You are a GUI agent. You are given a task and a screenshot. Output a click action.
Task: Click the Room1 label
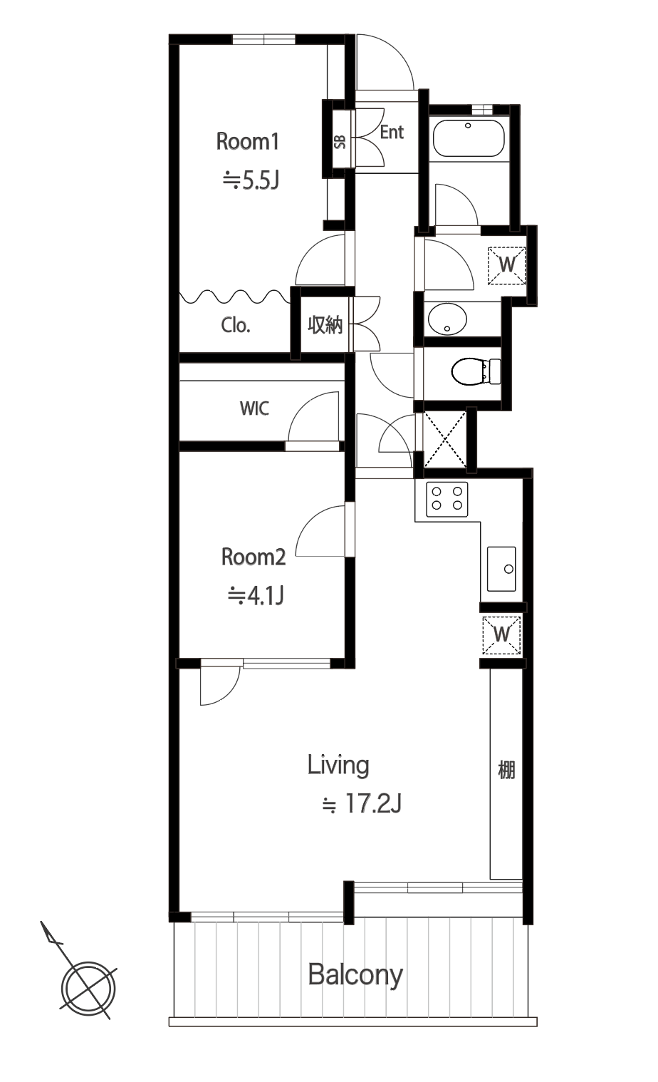click(x=248, y=142)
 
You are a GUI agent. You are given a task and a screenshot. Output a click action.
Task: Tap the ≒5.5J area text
click(x=251, y=180)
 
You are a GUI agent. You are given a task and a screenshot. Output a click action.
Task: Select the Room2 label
click(x=254, y=557)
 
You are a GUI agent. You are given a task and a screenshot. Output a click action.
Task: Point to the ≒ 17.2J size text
click(x=362, y=804)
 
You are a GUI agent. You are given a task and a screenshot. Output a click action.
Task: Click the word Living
click(x=338, y=766)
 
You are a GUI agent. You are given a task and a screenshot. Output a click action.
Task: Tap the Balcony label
click(x=355, y=975)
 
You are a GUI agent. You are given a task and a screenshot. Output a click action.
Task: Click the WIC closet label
click(x=254, y=408)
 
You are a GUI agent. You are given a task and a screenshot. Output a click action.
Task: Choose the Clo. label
click(x=236, y=325)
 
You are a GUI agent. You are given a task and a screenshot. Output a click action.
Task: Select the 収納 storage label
click(x=325, y=324)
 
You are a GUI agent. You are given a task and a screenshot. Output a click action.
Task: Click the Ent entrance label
click(x=392, y=132)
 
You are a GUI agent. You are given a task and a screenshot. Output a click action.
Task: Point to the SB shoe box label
click(x=340, y=142)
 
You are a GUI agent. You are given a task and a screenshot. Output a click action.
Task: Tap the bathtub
click(x=469, y=138)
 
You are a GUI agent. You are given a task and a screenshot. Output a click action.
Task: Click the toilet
click(x=476, y=371)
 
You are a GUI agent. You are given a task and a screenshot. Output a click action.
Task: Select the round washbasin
click(x=447, y=319)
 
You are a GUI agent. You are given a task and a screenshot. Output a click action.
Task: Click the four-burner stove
click(x=446, y=499)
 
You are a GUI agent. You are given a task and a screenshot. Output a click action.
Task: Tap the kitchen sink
click(x=501, y=569)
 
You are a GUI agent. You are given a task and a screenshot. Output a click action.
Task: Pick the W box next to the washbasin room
click(x=507, y=265)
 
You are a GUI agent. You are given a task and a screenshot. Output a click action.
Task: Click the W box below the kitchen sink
click(x=502, y=634)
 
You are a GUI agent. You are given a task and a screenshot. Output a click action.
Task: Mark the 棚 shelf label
click(x=506, y=770)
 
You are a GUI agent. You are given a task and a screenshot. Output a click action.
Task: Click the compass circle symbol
click(x=88, y=988)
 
